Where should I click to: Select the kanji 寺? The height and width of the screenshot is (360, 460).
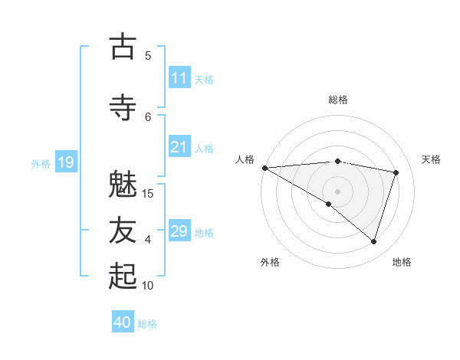pyautogui.click(x=123, y=106)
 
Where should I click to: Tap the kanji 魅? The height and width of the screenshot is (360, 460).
pyautogui.click(x=123, y=185)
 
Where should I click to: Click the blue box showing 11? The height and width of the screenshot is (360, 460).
pyautogui.click(x=179, y=78)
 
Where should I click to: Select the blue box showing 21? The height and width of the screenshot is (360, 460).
pyautogui.click(x=179, y=147)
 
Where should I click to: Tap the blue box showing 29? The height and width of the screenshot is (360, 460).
pyautogui.click(x=179, y=231)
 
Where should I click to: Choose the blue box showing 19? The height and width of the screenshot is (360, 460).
pyautogui.click(x=66, y=162)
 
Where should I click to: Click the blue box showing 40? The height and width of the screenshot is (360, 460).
pyautogui.click(x=123, y=322)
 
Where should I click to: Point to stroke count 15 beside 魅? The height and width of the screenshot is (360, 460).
pyautogui.click(x=148, y=193)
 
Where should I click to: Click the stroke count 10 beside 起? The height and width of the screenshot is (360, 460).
pyautogui.click(x=148, y=285)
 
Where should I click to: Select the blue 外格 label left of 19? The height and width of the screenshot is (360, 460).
pyautogui.click(x=41, y=163)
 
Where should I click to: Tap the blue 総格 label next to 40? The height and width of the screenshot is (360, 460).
pyautogui.click(x=147, y=324)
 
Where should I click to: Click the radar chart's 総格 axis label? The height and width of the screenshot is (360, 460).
pyautogui.click(x=338, y=100)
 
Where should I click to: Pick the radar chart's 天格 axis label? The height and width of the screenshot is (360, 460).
pyautogui.click(x=432, y=159)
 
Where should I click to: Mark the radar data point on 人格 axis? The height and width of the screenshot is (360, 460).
pyautogui.click(x=264, y=167)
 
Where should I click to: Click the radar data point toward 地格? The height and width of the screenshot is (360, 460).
pyautogui.click(x=373, y=241)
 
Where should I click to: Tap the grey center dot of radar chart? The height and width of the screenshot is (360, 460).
pyautogui.click(x=337, y=191)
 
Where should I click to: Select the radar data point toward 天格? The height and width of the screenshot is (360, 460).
pyautogui.click(x=396, y=172)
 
